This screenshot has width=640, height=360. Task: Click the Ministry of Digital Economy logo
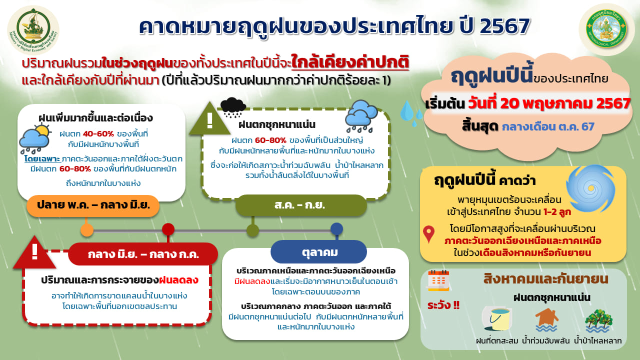tap(33, 30)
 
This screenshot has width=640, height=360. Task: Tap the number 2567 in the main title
tap(505, 26)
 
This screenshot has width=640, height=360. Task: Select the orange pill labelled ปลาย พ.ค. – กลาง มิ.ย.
tap(93, 205)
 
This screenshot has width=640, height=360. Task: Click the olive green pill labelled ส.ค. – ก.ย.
tap(301, 205)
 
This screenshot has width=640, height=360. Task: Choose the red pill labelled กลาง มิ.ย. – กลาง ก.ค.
tap(143, 254)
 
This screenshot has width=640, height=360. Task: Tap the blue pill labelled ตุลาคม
tap(318, 252)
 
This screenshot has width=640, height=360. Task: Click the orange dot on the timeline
tap(87, 230)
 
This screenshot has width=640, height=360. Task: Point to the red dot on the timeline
tap(168, 229)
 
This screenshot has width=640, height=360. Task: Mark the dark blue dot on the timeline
tap(336, 229)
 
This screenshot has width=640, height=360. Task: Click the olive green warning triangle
tap(210, 119)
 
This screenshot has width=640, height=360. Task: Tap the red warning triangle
tap(34, 252)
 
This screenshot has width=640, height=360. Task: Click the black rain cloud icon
tap(233, 107)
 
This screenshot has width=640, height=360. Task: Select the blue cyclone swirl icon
tap(590, 188)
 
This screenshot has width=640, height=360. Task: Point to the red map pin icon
tap(429, 234)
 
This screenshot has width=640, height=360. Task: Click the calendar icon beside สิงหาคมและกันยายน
tap(438, 280)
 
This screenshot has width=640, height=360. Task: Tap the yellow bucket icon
tap(497, 319)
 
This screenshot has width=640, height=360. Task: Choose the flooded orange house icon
tap(546, 319)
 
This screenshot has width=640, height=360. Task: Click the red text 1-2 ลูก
tap(557, 212)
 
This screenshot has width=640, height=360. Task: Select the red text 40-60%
tap(98, 133)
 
